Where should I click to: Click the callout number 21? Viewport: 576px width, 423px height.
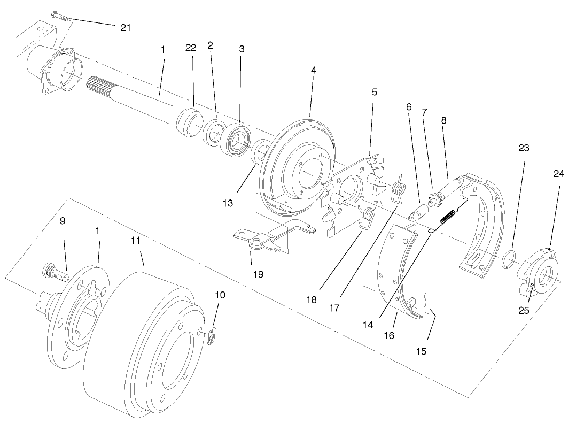126,28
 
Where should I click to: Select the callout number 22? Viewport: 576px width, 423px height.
191,48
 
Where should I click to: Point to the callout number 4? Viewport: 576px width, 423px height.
314,70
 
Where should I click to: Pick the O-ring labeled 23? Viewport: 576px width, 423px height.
510,259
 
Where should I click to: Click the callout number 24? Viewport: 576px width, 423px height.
558,174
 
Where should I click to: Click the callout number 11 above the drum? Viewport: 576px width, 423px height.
136,241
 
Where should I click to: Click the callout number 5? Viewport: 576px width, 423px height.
375,92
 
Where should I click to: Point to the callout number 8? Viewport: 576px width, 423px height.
443,121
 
